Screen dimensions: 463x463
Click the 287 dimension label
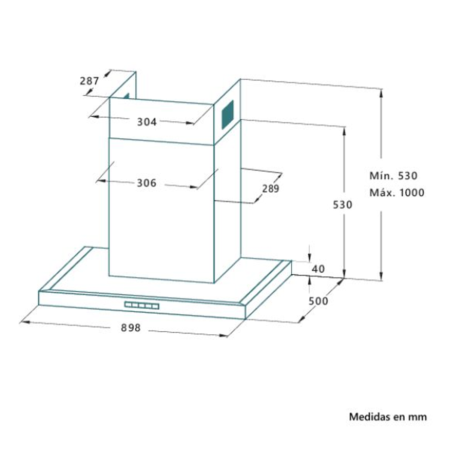(89, 80)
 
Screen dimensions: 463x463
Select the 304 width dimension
(147, 122)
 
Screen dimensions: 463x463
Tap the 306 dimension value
(147, 183)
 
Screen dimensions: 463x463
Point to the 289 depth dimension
(271, 188)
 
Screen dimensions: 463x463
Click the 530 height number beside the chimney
(342, 205)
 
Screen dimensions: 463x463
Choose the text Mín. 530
(393, 176)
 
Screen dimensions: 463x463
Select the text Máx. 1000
(397, 193)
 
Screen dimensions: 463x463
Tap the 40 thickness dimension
(318, 269)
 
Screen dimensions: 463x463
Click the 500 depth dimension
(318, 301)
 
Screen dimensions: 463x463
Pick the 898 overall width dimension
(130, 328)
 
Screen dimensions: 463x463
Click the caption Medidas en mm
(387, 417)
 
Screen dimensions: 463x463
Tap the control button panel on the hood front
(142, 306)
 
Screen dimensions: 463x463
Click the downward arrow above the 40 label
(309, 258)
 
